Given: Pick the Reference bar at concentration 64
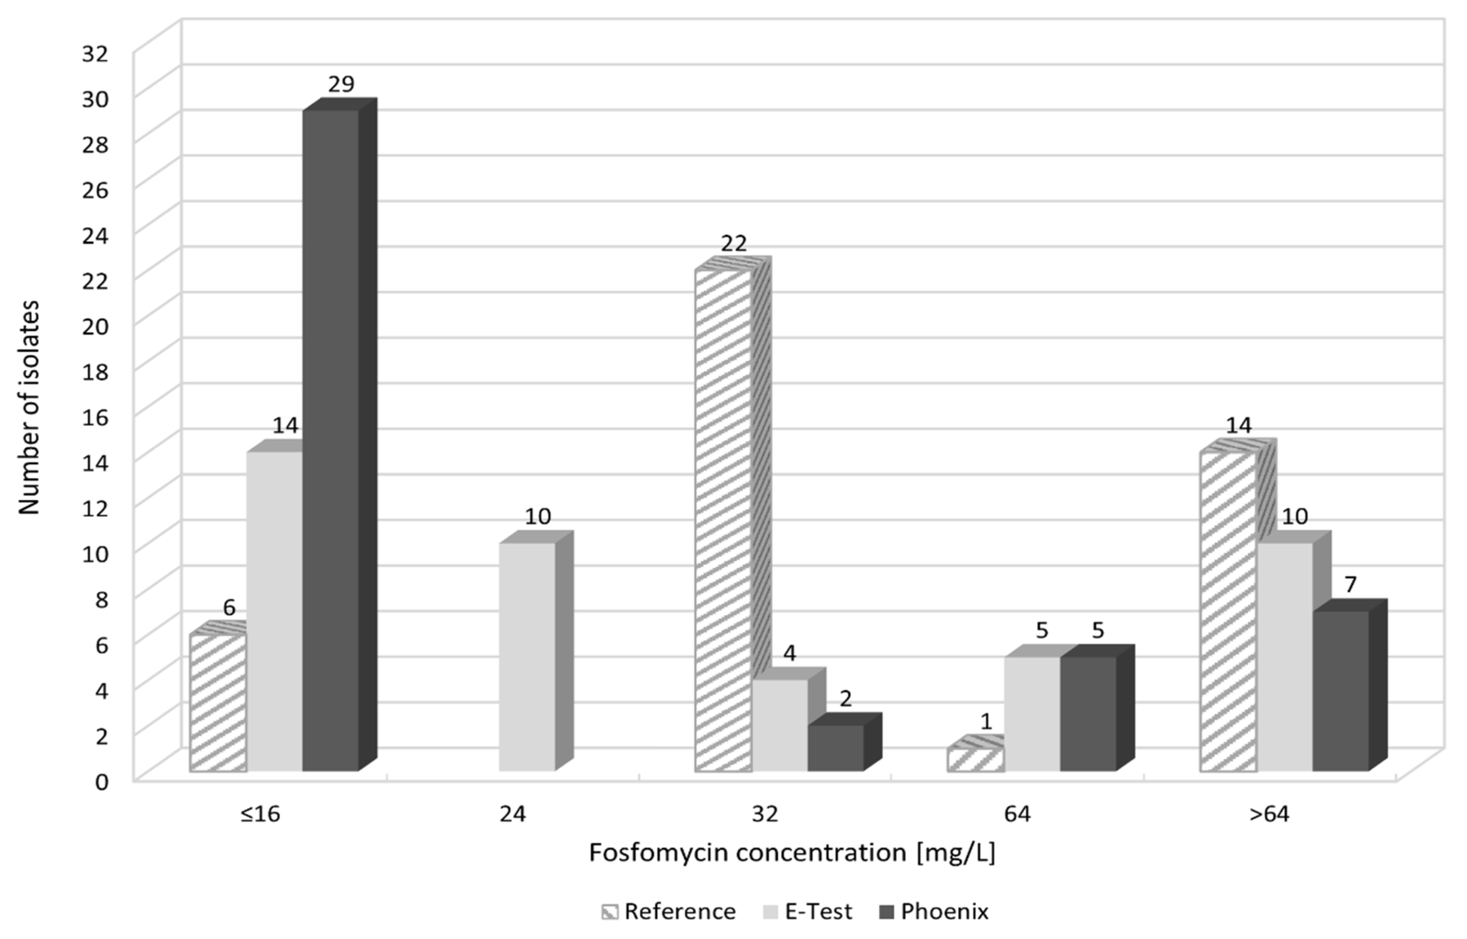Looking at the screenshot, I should pos(975,760).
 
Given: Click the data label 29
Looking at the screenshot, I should pos(341,84).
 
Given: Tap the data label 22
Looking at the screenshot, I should pos(733,244).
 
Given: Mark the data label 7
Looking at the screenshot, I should pos(1351,584).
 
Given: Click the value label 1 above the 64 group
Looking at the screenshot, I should pos(986,722).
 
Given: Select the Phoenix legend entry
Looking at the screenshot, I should pos(934,912).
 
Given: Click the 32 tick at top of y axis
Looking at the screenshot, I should pos(95,54).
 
